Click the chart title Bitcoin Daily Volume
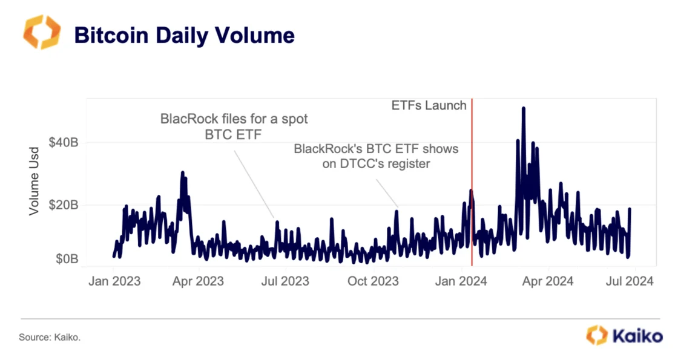click(x=184, y=35)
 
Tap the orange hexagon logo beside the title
click(x=42, y=33)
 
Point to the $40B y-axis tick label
click(x=63, y=143)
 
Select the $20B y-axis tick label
click(x=63, y=205)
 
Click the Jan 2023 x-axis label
click(x=114, y=281)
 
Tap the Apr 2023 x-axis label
click(x=198, y=281)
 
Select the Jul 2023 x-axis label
click(x=284, y=281)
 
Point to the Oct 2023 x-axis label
click(x=372, y=281)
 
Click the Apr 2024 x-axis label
click(x=548, y=281)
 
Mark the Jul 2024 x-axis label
click(x=629, y=281)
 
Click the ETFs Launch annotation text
click(x=430, y=106)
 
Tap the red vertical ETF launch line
click(x=472, y=182)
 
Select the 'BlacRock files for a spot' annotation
click(x=234, y=119)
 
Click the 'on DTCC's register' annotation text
click(x=375, y=163)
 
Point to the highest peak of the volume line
click(x=523, y=108)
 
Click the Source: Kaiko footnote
click(x=50, y=338)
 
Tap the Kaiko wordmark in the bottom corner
click(x=636, y=336)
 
